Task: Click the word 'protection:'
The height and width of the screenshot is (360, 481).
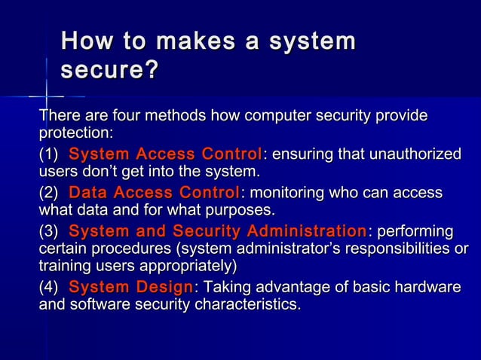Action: [x=76, y=133]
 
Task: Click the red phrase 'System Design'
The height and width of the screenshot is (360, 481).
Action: [x=130, y=288]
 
